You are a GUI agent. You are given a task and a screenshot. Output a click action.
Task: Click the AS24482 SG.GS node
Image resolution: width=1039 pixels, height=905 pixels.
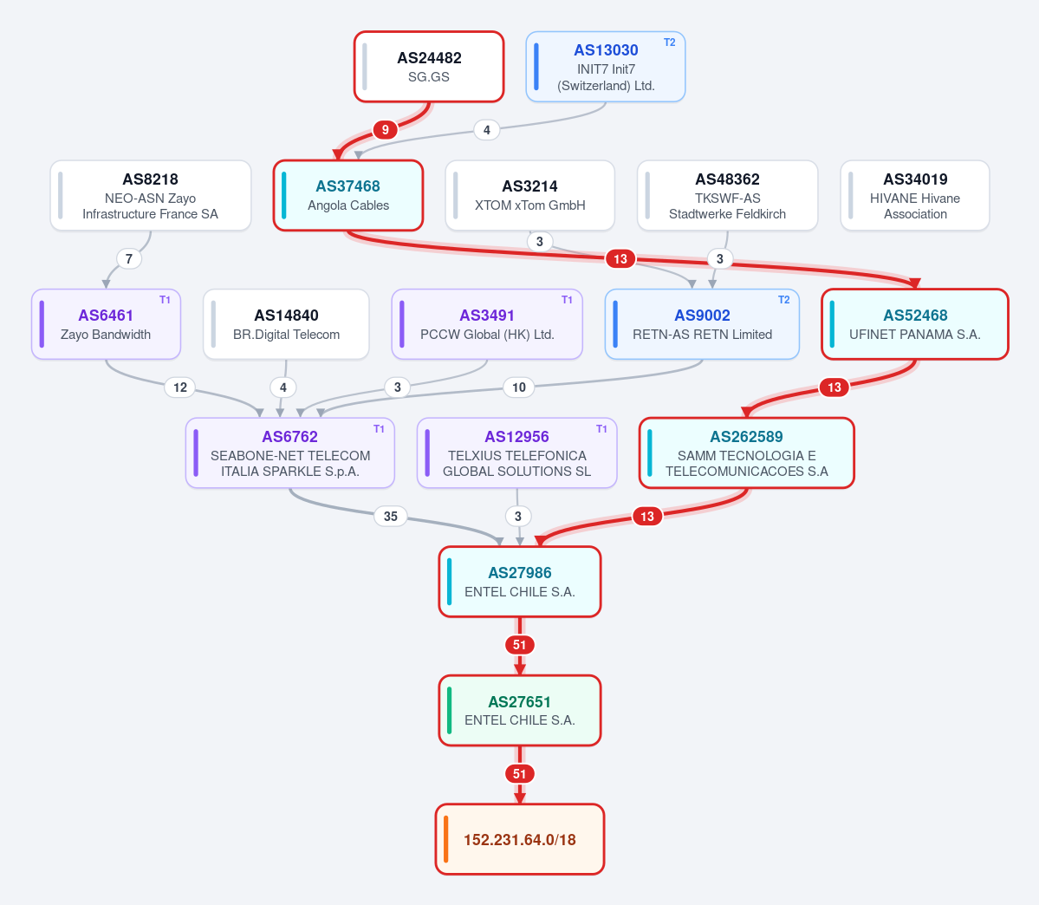(429, 67)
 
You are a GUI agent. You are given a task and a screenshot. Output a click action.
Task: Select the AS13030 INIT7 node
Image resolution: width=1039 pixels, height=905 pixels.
(606, 67)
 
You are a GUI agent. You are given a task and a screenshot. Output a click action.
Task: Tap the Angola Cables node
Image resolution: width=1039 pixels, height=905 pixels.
(347, 196)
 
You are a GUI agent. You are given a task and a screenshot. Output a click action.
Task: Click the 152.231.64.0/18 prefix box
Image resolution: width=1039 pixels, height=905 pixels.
(520, 839)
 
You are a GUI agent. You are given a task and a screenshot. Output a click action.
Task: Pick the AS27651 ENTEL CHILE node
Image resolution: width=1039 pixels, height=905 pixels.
(520, 711)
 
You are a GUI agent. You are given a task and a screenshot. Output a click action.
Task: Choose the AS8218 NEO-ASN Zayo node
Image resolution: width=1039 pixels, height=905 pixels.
(151, 196)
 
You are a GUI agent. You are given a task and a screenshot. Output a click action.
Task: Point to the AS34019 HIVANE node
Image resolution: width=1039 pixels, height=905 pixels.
(915, 196)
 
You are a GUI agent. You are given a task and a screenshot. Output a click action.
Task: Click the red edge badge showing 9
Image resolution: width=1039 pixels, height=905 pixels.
(385, 129)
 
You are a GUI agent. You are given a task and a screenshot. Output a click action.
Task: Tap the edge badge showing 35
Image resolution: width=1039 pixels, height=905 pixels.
(390, 516)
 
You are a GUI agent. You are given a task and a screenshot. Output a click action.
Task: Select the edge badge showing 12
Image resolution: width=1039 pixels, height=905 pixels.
(179, 387)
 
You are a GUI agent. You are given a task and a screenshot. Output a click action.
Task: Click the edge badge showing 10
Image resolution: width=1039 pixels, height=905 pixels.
(519, 387)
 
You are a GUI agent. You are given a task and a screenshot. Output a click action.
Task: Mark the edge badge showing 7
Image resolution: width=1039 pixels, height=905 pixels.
(128, 258)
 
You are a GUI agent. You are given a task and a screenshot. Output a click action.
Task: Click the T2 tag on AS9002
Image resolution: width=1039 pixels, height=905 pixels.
(784, 300)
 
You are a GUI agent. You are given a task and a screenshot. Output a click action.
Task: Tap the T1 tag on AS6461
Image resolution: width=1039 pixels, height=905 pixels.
(165, 300)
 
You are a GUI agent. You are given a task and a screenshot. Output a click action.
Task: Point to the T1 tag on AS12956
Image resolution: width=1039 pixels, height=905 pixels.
(601, 429)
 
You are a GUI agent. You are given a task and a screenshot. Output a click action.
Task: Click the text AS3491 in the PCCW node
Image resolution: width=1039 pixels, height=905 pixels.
(487, 315)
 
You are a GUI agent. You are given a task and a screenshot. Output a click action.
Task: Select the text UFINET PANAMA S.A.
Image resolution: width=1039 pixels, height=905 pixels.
(915, 334)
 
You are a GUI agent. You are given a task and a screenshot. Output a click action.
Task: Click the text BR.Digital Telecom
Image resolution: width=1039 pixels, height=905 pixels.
(286, 334)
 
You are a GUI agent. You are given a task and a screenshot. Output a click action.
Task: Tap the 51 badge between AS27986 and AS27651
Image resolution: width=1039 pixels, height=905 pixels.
(520, 644)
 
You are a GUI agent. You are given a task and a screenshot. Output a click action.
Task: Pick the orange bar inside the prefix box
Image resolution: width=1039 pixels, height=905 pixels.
(446, 839)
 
